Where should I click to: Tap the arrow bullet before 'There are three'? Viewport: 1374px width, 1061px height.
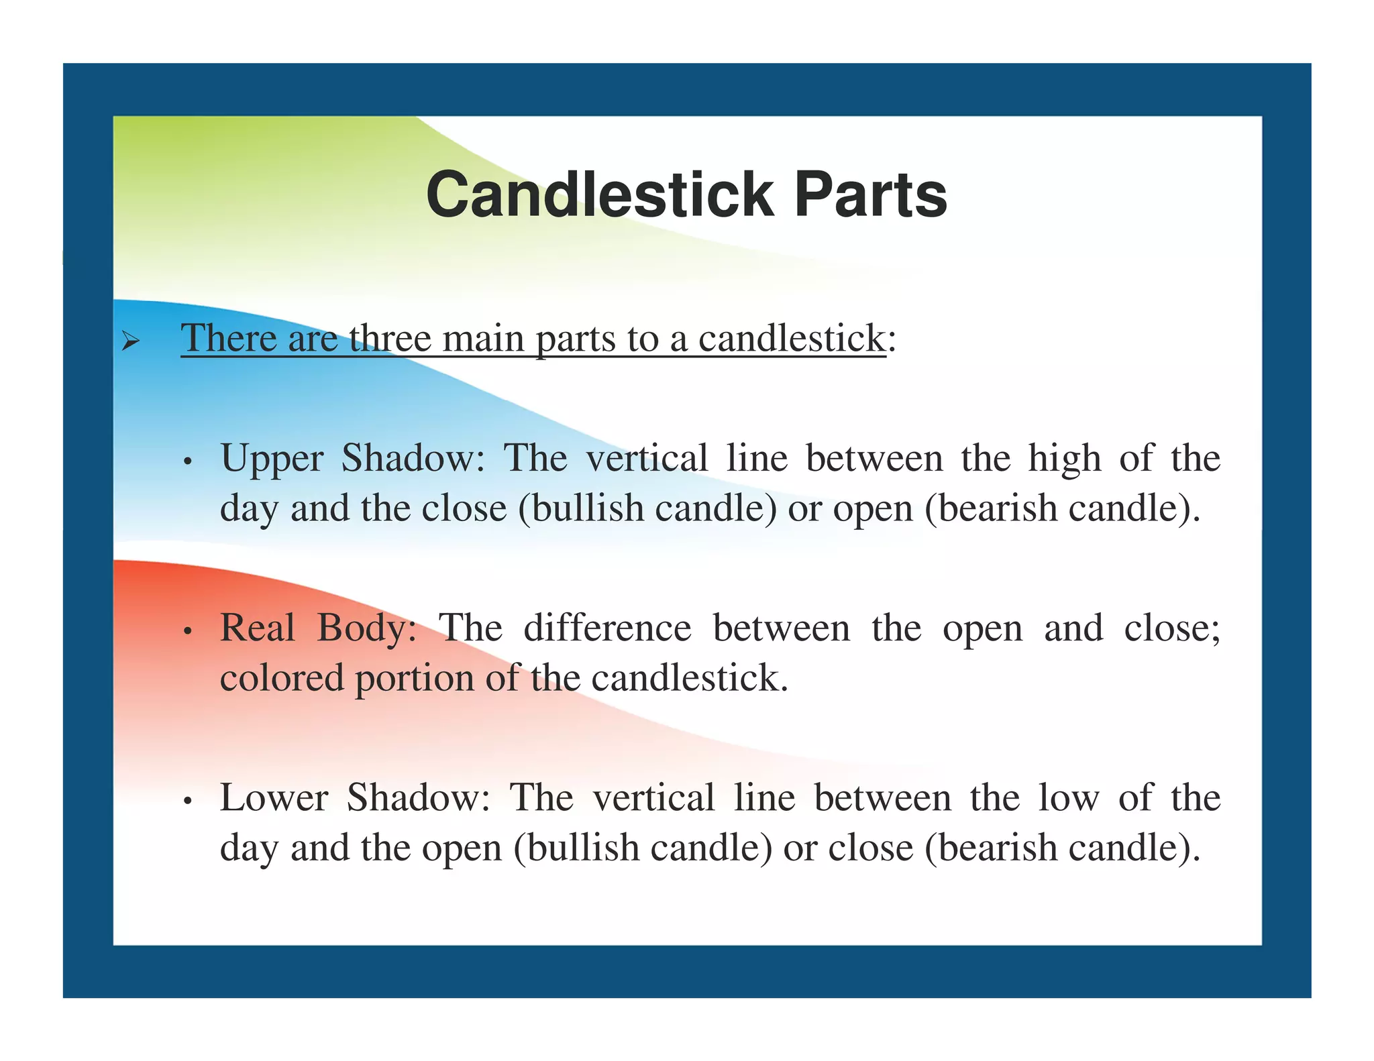coord(130,343)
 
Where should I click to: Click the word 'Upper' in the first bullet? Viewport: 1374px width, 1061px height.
coord(272,459)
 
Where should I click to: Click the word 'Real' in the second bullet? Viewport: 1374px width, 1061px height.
coord(258,628)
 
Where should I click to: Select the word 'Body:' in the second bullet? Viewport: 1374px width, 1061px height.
coord(366,630)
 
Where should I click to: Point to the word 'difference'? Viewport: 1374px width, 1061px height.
coord(607,628)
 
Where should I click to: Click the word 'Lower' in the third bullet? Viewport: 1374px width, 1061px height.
coord(274,797)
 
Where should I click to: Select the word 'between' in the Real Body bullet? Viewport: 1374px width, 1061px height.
coord(781,628)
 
